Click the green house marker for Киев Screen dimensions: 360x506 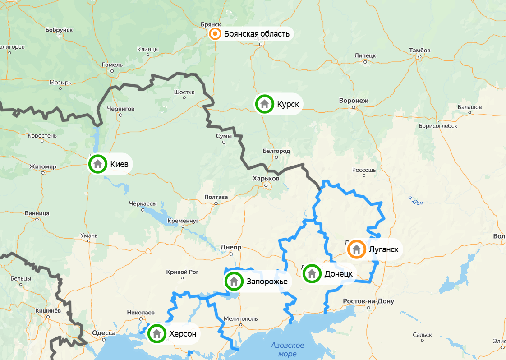[97, 164]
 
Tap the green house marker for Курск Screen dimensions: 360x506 [265, 104]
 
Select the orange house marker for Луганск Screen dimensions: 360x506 [356, 249]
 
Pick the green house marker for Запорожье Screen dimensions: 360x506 [234, 282]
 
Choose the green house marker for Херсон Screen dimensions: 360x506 [156, 334]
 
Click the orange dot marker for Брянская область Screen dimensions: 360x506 [216, 34]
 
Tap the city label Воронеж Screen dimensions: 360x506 [354, 101]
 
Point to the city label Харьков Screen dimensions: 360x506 [266, 179]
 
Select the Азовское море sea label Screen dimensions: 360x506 [287, 350]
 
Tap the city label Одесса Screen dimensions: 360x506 [104, 333]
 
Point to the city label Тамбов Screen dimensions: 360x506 [419, 50]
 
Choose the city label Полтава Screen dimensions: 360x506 [216, 197]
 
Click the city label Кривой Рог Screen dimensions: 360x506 [182, 272]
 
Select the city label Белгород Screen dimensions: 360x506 [276, 151]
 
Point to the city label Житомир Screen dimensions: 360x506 [43, 166]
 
